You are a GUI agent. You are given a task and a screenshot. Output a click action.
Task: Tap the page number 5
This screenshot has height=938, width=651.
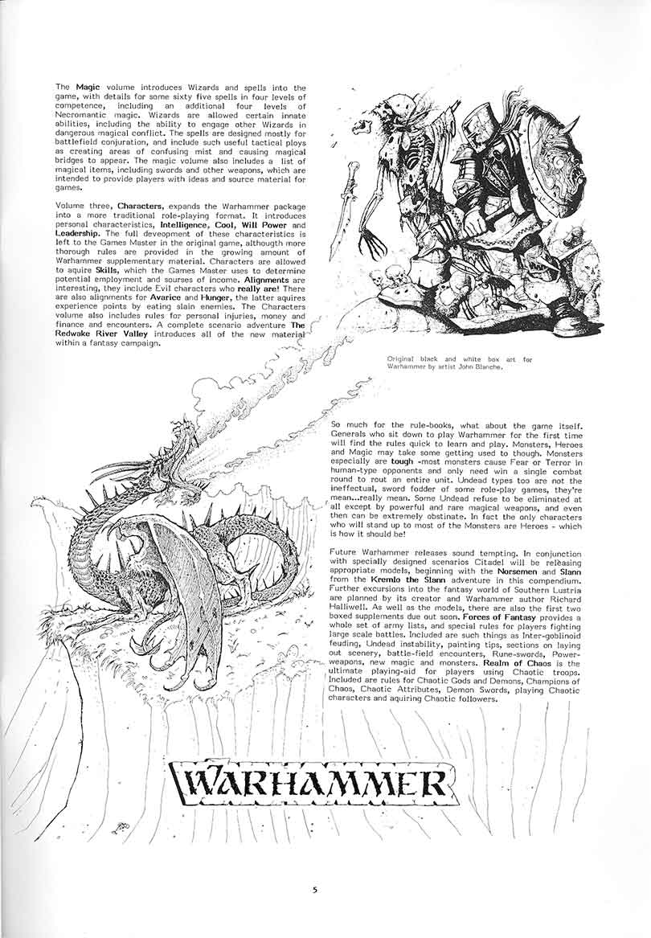coord(315,889)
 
